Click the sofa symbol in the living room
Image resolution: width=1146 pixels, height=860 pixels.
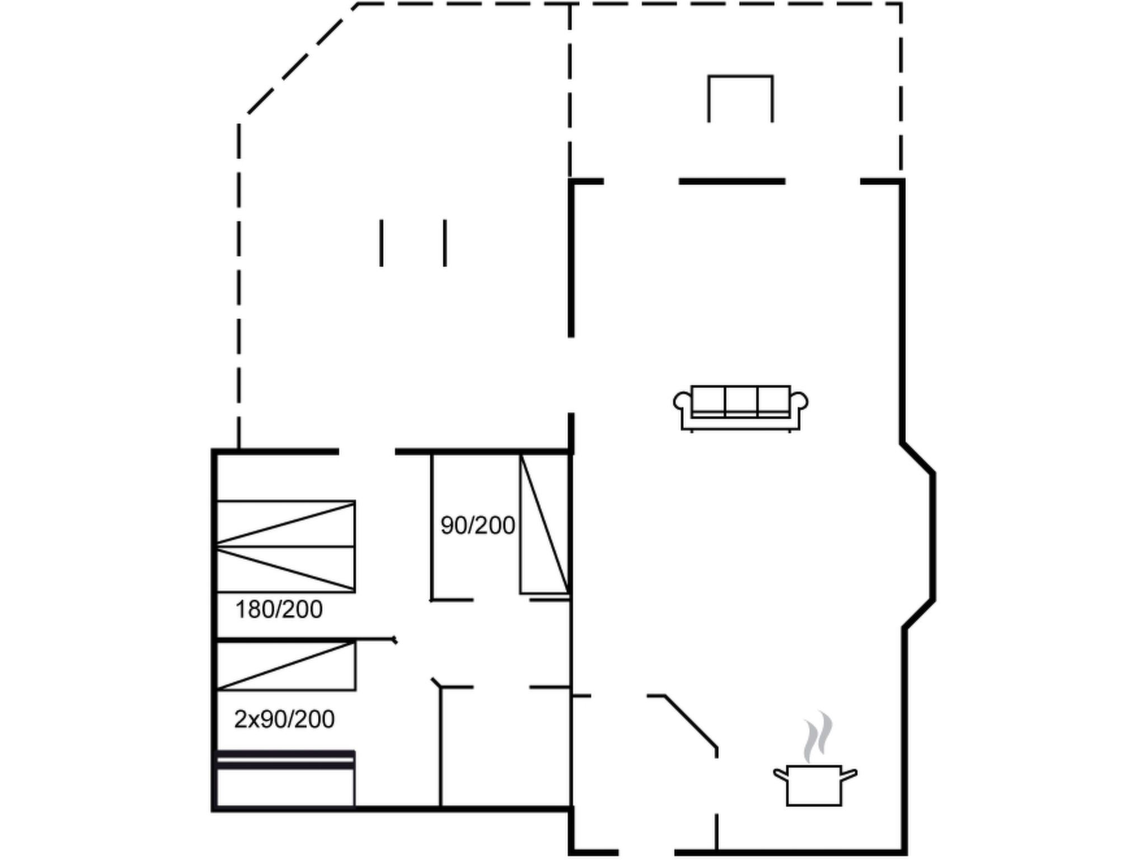pos(740,409)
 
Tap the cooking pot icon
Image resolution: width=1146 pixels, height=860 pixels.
pos(815,785)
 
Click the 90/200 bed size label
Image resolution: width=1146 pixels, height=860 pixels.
pos(477,525)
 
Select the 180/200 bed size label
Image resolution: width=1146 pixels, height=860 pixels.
pos(279,609)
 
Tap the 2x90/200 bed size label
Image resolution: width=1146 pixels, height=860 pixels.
pos(284,719)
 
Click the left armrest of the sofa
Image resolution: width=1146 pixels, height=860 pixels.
pos(683,401)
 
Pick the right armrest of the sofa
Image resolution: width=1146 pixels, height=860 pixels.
pos(799,401)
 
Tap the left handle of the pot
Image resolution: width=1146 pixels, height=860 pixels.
pos(781,775)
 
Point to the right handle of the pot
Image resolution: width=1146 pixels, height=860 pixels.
pos(849,775)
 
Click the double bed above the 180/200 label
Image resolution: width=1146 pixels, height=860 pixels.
pos(286,546)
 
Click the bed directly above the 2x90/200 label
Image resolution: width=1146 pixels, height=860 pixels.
pos(286,666)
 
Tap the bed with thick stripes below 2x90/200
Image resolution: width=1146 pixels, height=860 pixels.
pos(285,779)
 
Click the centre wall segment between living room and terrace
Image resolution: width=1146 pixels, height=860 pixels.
pos(732,181)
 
